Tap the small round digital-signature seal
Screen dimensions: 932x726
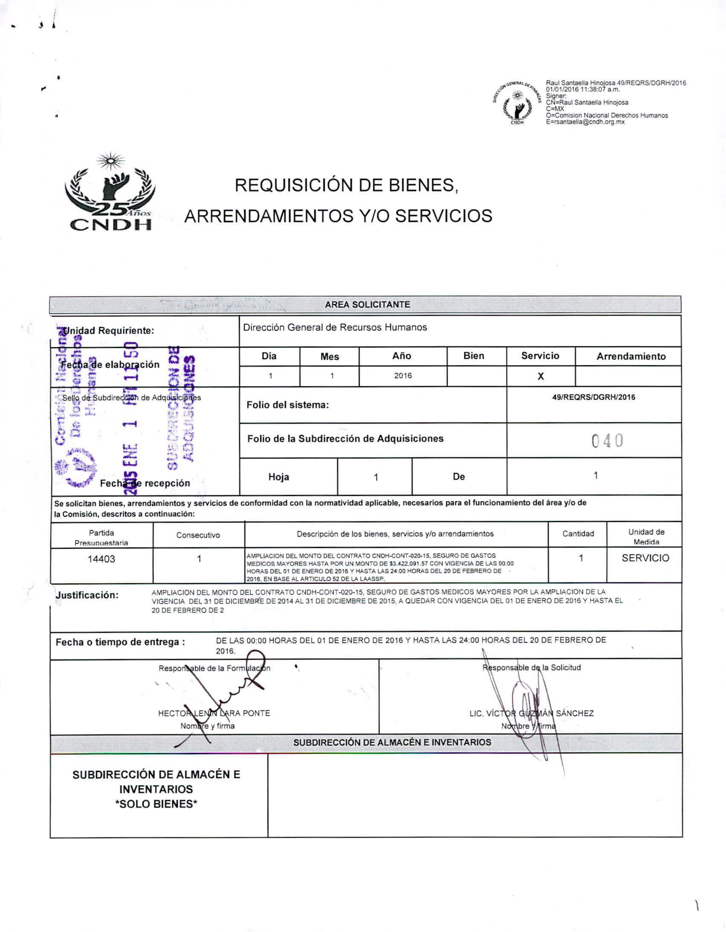[518, 103]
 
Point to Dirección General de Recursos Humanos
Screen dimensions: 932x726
[335, 327]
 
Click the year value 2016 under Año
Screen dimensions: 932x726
[403, 376]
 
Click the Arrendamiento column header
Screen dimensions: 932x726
[631, 356]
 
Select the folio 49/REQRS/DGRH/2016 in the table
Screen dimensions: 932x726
[593, 397]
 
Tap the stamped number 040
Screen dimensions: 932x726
[607, 441]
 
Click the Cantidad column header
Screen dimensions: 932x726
[578, 533]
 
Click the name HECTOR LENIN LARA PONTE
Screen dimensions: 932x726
[214, 713]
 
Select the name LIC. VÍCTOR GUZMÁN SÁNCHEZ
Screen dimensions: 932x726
[531, 713]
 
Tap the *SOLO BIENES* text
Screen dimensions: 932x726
[156, 804]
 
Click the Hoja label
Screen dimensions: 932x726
[279, 477]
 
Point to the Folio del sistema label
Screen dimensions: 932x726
[288, 405]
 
